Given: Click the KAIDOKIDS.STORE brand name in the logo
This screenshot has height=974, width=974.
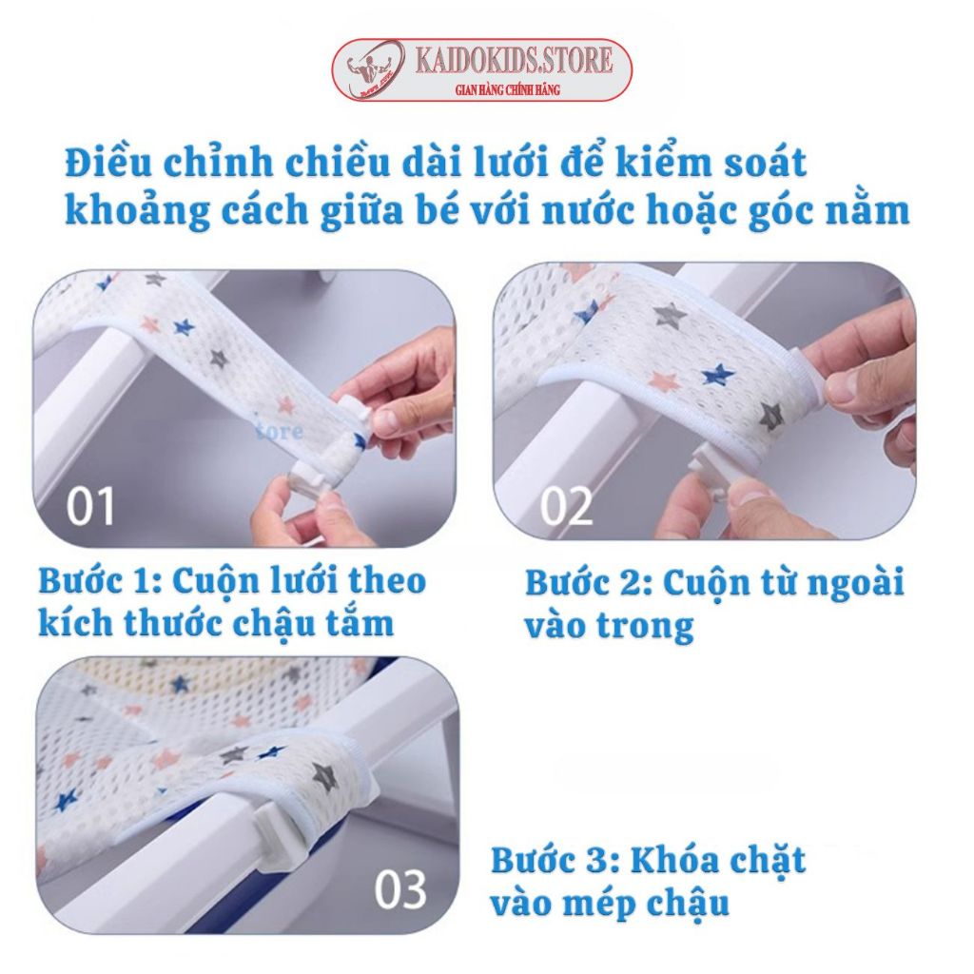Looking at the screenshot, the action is point(514,60).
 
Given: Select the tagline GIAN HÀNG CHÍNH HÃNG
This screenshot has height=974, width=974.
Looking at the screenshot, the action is point(508,90).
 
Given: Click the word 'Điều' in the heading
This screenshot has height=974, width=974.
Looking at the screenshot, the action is point(107,162).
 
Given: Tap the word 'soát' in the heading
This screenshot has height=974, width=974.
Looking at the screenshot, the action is point(762,163).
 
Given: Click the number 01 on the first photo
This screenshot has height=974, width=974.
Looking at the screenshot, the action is point(90,506).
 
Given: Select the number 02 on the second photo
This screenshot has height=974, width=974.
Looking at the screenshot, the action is point(566,506).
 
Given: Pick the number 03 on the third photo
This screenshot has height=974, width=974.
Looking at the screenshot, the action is point(400,889).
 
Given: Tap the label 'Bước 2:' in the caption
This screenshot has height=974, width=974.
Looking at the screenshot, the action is point(590,582).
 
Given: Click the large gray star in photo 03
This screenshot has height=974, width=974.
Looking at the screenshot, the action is point(323,774).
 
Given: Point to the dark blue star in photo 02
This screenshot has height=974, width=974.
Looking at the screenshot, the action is point(718,375).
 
